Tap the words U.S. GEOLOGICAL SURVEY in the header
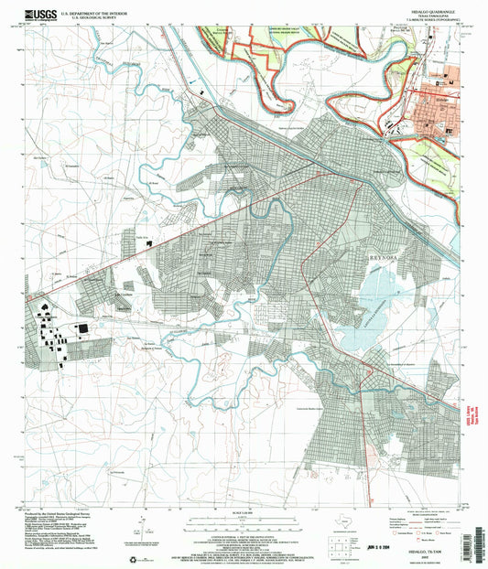tap(102, 15)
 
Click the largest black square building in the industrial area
tap(84, 327)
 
